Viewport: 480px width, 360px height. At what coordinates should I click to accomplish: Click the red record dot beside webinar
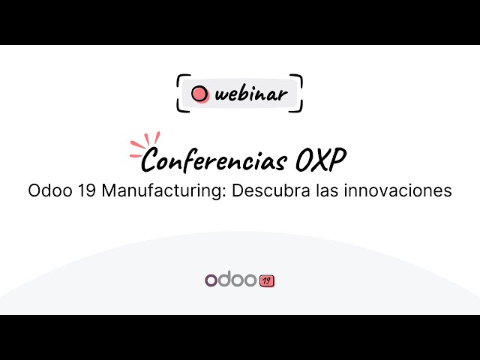pos(200,94)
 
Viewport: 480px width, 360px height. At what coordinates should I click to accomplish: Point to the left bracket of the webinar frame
pos(179,94)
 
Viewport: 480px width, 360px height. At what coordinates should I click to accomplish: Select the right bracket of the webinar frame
pos(300,94)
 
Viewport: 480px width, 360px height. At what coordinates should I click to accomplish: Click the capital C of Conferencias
pos(151,159)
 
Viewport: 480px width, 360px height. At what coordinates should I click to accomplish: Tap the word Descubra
pos(266,190)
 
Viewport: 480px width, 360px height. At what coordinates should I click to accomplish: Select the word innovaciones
pos(397,190)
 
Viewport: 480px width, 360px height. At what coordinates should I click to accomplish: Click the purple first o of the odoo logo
pos(211,280)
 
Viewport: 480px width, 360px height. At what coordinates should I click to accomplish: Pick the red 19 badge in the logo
pos(267,281)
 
